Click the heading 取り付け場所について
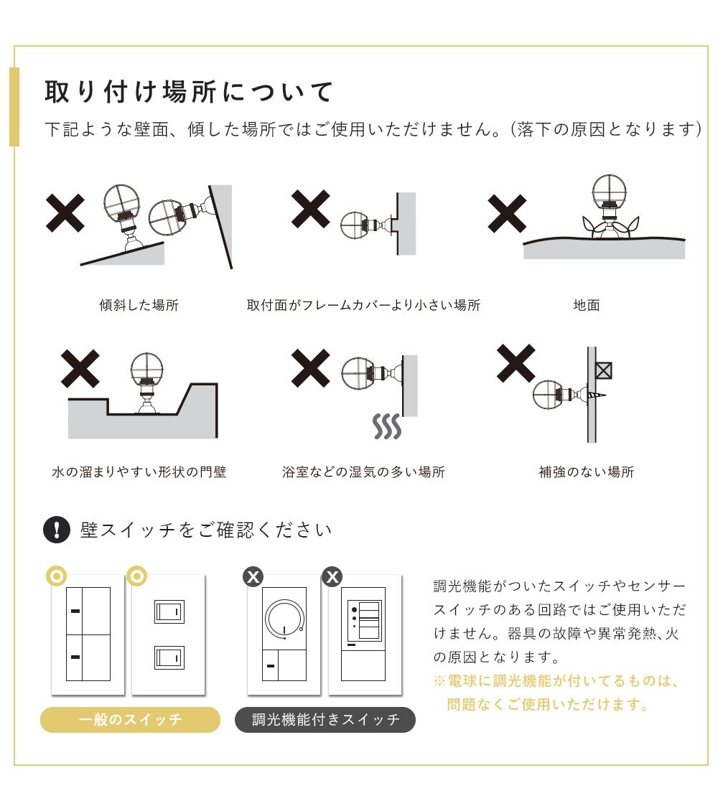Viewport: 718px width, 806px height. (x=189, y=92)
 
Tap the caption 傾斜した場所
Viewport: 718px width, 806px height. (x=139, y=305)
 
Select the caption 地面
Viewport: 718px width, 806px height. (x=587, y=305)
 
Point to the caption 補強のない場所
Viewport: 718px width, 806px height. (x=587, y=472)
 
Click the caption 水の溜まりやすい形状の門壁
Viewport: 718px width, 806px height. (x=139, y=472)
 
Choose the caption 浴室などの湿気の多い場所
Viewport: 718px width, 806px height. (x=363, y=472)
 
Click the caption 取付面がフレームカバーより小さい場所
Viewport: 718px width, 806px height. (x=363, y=305)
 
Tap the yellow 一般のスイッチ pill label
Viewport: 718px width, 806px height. (x=130, y=720)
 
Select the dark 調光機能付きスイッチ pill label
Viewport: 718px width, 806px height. (x=325, y=720)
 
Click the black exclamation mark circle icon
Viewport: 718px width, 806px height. (x=57, y=530)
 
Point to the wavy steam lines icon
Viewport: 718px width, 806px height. (x=387, y=426)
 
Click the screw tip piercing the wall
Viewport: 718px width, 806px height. (x=605, y=395)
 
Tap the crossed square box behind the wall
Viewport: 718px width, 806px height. (x=604, y=370)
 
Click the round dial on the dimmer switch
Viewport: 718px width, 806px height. (x=284, y=619)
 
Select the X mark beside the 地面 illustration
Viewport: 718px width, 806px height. (x=507, y=214)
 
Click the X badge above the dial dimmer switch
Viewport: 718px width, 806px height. (x=253, y=577)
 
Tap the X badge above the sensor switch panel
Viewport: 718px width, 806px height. (x=332, y=577)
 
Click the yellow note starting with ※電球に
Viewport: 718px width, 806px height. (x=556, y=693)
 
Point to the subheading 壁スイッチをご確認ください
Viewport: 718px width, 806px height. (x=206, y=530)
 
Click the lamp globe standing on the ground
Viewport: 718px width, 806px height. (x=609, y=189)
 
